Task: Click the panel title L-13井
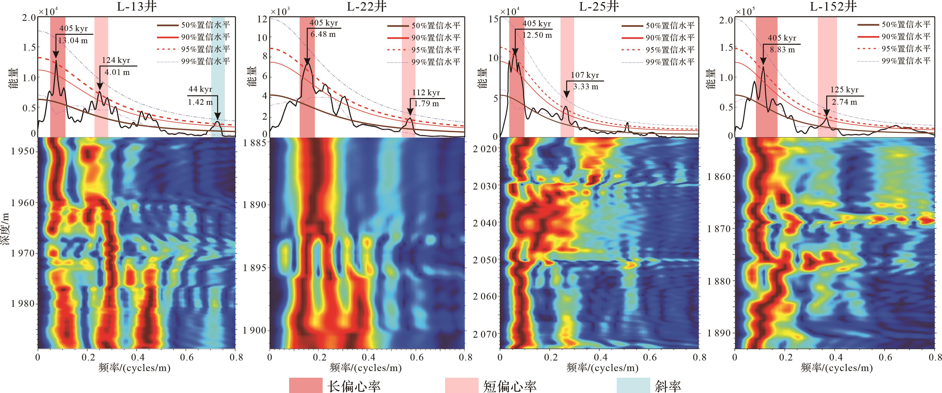pyautogui.click(x=136, y=7)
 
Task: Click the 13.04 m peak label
pyautogui.click(x=73, y=40)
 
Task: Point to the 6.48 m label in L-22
pyautogui.click(x=323, y=34)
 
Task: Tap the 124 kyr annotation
pyautogui.click(x=116, y=60)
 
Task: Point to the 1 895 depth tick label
pyautogui.click(x=255, y=268)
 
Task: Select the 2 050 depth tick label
pyautogui.click(x=485, y=260)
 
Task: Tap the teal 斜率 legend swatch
pyautogui.click(x=633, y=385)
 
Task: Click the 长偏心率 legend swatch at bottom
pyautogui.click(x=305, y=385)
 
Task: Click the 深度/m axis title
pyautogui.click(x=5, y=234)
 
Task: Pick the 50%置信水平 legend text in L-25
pyautogui.click(x=670, y=26)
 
